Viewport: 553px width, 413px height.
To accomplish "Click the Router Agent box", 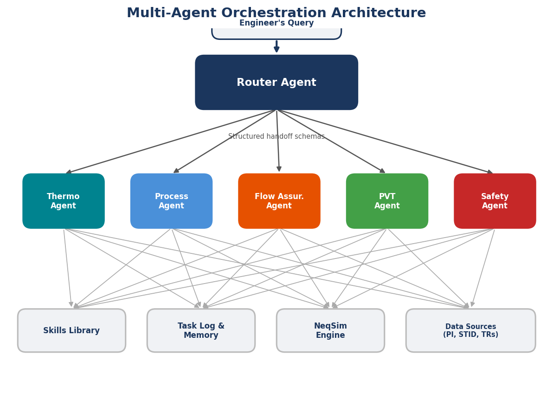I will (x=276, y=83).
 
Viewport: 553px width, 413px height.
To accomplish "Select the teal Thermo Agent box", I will (x=64, y=201).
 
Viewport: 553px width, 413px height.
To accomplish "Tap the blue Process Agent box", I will (x=171, y=201).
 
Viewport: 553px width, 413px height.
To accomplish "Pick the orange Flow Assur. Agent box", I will (x=279, y=201).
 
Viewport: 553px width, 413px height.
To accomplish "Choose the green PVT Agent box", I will (x=387, y=201).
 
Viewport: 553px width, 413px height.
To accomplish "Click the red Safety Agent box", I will (x=495, y=201).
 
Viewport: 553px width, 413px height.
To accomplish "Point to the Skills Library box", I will (x=71, y=330).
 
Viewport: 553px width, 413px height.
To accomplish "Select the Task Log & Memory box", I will (x=201, y=330).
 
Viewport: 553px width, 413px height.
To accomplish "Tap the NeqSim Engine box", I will (x=330, y=330).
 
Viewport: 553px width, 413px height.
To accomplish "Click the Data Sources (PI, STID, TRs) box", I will (x=470, y=330).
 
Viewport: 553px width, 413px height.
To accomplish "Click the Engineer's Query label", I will (x=276, y=23).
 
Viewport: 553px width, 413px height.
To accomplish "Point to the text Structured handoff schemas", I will (x=276, y=136).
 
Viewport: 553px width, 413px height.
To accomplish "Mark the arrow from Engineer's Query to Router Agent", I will (x=276, y=46).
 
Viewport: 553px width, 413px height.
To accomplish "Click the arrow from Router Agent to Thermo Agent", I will (x=172, y=142).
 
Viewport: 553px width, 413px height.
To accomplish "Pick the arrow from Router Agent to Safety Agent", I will (x=385, y=142).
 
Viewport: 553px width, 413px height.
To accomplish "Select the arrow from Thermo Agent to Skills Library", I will (x=68, y=268).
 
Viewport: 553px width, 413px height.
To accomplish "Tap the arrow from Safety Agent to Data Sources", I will (x=483, y=268).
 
